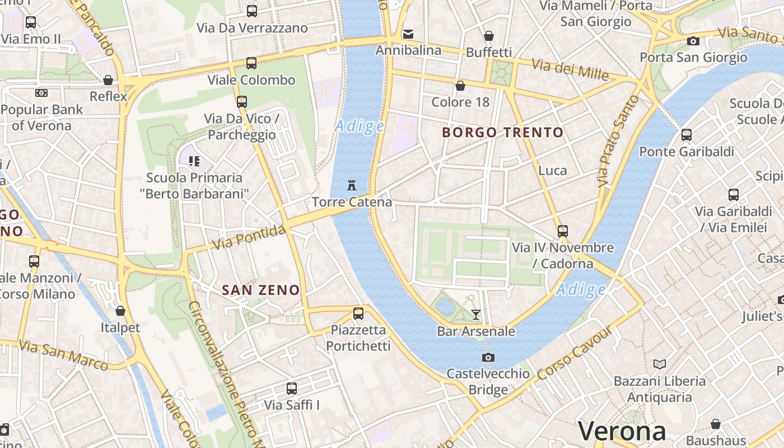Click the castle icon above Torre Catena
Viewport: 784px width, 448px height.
[352, 185]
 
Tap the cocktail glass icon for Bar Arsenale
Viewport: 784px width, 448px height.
[475, 315]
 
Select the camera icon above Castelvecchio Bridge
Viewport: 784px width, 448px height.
[488, 357]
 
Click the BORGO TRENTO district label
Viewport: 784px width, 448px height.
[502, 133]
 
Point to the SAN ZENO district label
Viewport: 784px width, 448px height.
[261, 290]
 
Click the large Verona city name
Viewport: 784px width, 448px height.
[622, 431]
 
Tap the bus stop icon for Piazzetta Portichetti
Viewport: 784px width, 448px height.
[358, 313]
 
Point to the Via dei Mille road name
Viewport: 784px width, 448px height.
[570, 69]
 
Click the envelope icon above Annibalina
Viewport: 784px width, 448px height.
[408, 34]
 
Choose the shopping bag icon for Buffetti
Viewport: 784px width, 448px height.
[489, 36]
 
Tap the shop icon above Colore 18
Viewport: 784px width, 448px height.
[460, 86]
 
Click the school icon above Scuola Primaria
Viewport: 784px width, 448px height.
[194, 162]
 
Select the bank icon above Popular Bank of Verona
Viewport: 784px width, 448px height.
[41, 93]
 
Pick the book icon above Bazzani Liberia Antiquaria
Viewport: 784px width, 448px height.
[660, 365]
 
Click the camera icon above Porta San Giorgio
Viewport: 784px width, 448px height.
[693, 41]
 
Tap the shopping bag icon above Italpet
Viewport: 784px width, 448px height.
[120, 311]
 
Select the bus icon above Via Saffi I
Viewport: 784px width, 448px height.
[292, 388]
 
